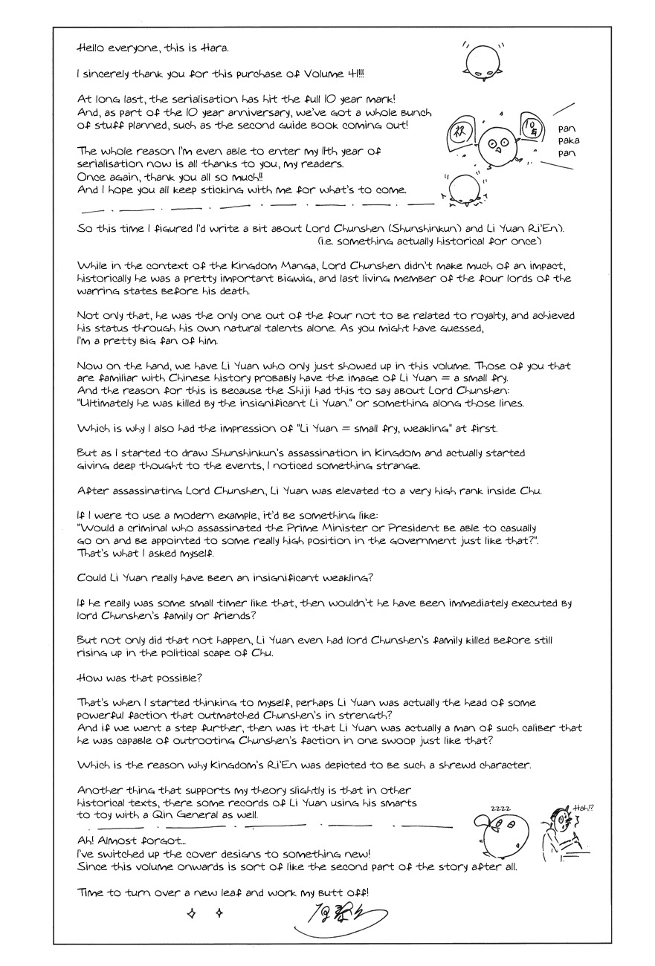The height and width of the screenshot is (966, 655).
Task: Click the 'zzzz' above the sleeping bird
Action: pyautogui.click(x=499, y=808)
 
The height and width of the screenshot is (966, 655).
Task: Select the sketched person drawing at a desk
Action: pyautogui.click(x=558, y=836)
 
